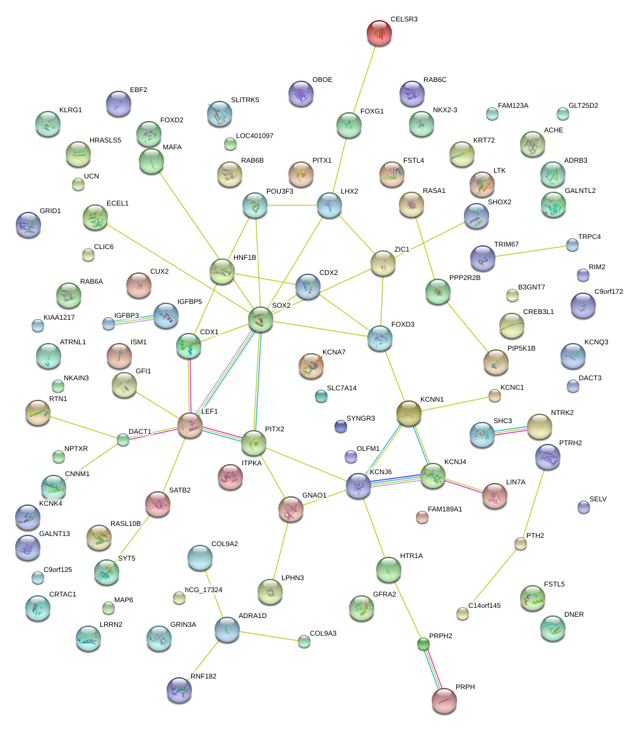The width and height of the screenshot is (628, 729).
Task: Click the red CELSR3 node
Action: (379, 32)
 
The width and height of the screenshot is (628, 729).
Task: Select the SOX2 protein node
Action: (261, 319)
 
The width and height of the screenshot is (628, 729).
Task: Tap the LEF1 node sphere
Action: (189, 426)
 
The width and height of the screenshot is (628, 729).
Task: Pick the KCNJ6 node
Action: (358, 486)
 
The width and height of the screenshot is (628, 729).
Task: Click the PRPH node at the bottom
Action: (444, 701)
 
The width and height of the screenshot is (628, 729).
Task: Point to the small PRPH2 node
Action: (424, 644)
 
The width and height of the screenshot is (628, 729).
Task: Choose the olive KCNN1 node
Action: (408, 413)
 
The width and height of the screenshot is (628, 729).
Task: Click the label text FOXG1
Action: (372, 112)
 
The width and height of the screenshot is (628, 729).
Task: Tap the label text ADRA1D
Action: (252, 615)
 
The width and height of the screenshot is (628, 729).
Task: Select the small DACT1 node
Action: (123, 440)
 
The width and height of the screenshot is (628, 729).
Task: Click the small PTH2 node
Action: (520, 544)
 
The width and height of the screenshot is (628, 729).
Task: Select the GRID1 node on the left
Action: (28, 224)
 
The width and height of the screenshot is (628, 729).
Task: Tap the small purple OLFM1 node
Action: (351, 455)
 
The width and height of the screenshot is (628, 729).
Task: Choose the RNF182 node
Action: (179, 689)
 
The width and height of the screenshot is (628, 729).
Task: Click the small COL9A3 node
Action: (304, 641)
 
